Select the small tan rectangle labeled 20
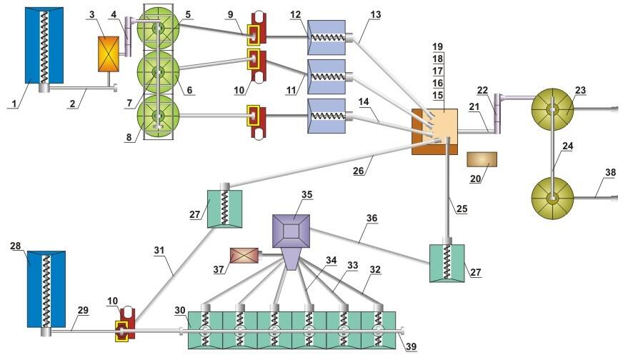(x=480, y=159)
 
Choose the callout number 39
(x=411, y=347)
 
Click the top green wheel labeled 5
(x=161, y=29)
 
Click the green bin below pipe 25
(x=447, y=263)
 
